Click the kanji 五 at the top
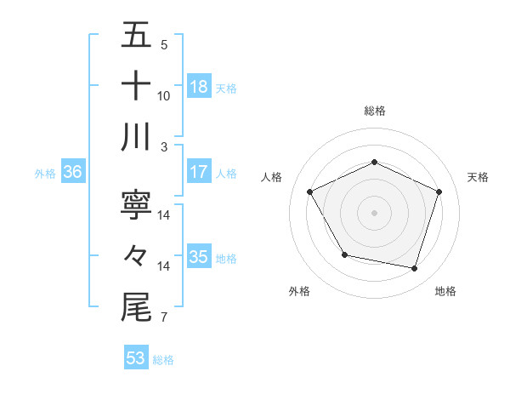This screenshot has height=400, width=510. (136, 36)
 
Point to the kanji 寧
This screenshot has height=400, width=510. (136, 204)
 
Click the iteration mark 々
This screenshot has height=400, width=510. (136, 254)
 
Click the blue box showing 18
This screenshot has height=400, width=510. (199, 87)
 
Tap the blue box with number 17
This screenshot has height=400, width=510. (199, 172)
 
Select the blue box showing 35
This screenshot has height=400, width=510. (199, 257)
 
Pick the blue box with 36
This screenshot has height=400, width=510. (73, 172)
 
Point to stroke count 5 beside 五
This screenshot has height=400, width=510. (163, 45)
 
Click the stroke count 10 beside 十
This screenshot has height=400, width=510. (164, 96)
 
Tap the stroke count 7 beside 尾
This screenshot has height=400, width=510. (163, 318)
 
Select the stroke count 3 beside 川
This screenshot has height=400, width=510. (163, 147)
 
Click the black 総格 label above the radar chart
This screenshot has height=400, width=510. (375, 111)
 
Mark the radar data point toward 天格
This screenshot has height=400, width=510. (439, 191)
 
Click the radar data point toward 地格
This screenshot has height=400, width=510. (414, 268)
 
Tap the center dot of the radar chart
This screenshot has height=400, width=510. (375, 212)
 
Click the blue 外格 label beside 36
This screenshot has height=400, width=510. (45, 173)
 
